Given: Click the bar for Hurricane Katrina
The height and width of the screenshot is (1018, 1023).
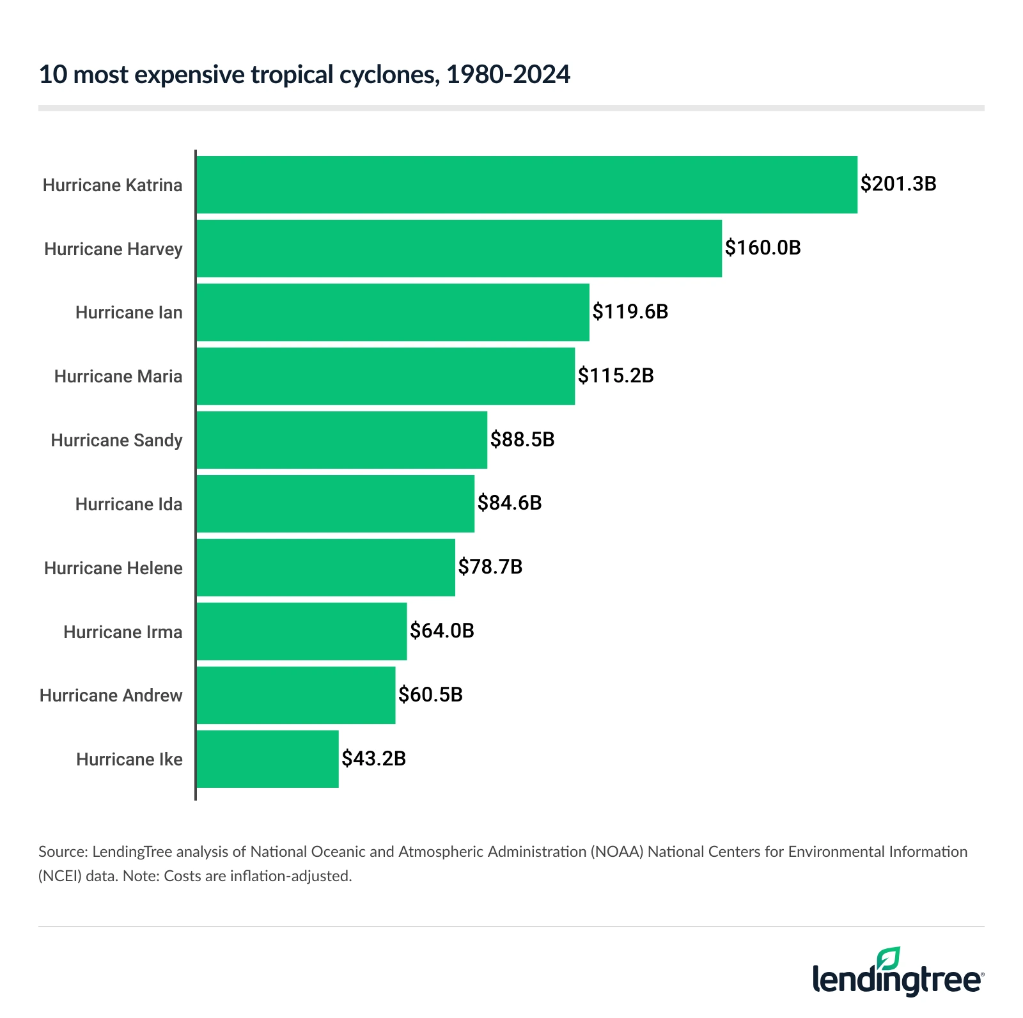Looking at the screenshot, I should (526, 185).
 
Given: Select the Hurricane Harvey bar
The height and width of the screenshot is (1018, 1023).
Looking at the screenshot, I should (458, 249).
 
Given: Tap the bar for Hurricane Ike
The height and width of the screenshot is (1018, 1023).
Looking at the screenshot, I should (267, 759).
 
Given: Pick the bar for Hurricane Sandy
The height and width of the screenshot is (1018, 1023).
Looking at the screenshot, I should (341, 440).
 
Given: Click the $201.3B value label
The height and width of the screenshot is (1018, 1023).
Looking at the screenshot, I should (898, 184).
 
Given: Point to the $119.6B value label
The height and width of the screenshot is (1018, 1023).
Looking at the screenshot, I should (630, 312).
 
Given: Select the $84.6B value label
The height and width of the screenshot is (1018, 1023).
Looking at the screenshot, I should (509, 503).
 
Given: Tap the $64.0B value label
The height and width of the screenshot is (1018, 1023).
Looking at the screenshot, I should (442, 631).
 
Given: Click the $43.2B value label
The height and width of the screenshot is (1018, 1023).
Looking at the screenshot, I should (373, 759).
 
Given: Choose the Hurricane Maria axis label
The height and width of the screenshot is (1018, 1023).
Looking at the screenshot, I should (118, 377).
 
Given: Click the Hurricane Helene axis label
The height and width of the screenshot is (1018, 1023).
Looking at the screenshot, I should (113, 568).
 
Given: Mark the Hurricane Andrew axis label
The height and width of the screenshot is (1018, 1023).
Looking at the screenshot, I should (111, 696).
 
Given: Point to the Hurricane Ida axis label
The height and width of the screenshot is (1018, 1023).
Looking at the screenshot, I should (129, 505).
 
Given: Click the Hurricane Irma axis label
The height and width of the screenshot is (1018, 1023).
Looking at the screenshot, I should (123, 632).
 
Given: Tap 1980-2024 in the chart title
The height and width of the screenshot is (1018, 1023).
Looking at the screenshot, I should (508, 75).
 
